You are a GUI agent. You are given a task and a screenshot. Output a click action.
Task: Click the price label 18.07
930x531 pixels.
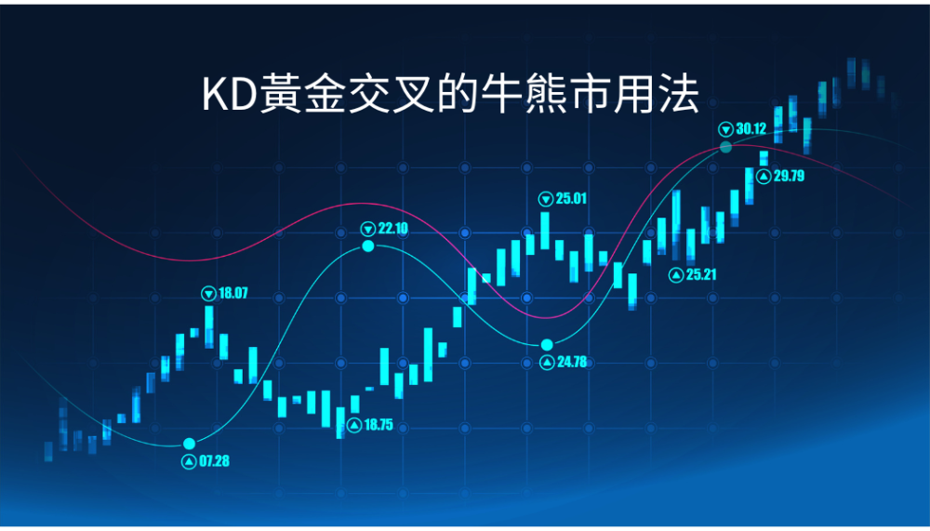[233, 293]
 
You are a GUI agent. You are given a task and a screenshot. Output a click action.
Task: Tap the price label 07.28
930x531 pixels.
[214, 461]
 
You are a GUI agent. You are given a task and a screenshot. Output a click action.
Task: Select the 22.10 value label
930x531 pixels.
[392, 229]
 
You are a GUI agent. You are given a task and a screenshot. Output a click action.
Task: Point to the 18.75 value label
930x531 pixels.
[379, 425]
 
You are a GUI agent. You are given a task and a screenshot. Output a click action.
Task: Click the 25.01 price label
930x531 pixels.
[571, 198]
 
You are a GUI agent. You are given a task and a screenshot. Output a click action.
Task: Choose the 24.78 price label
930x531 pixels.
[572, 362]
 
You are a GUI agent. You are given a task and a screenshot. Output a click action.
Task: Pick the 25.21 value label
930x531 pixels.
[701, 274]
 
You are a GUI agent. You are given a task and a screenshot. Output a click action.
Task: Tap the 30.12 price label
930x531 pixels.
[751, 128]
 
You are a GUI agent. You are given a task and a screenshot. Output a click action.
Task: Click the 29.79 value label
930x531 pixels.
[789, 176]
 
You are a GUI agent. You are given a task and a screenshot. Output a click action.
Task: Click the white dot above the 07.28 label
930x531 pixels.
[189, 444]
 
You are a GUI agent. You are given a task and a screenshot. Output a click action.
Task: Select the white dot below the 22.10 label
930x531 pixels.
[368, 246]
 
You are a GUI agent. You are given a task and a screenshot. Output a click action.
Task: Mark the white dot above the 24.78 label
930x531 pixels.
[547, 345]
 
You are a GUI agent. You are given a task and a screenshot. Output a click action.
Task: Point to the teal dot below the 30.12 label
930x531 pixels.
[726, 147]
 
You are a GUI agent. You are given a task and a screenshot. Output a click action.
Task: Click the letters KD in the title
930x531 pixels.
[229, 95]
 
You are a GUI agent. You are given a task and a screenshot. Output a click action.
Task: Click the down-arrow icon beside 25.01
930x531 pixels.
[546, 199]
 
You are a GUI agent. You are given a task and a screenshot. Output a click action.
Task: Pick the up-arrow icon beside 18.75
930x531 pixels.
[354, 425]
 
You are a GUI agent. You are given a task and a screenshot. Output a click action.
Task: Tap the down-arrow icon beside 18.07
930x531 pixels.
[208, 293]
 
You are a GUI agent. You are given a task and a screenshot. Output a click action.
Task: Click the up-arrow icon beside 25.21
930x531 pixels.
[676, 274]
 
